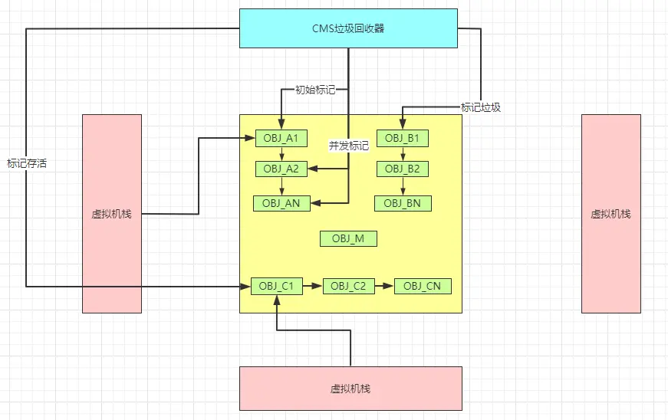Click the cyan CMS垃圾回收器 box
coord(348,29)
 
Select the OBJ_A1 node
coord(281,139)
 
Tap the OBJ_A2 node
coord(281,169)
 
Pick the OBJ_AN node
coord(281,203)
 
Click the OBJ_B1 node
coord(403,139)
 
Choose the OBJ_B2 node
coord(403,169)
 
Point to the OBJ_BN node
coord(403,203)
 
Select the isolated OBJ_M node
coord(348,238)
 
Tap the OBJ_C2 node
coord(349,286)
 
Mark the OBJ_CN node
coord(423,286)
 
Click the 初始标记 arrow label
coord(315,90)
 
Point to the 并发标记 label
coord(349,145)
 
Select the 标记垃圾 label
coord(481,108)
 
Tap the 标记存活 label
coord(27,163)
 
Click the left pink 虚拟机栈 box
coord(112,214)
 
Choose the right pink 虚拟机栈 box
coord(610,214)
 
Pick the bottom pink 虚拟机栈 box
coord(350,389)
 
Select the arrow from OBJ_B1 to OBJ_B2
coord(403,154)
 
